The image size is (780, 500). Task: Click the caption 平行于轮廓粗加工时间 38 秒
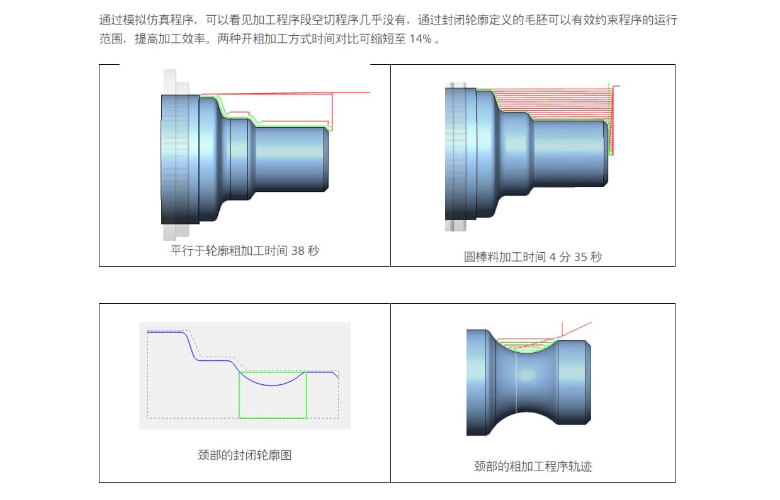tap(244, 250)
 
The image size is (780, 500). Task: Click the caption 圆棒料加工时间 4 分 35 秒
tap(533, 257)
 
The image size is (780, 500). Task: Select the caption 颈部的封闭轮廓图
tap(244, 455)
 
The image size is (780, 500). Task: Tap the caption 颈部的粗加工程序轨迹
tap(533, 466)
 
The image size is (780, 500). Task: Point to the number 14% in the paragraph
tap(421, 39)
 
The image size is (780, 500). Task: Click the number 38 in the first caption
tap(298, 250)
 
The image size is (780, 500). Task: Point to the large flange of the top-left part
tap(180, 157)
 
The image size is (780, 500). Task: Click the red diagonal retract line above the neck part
tap(576, 328)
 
